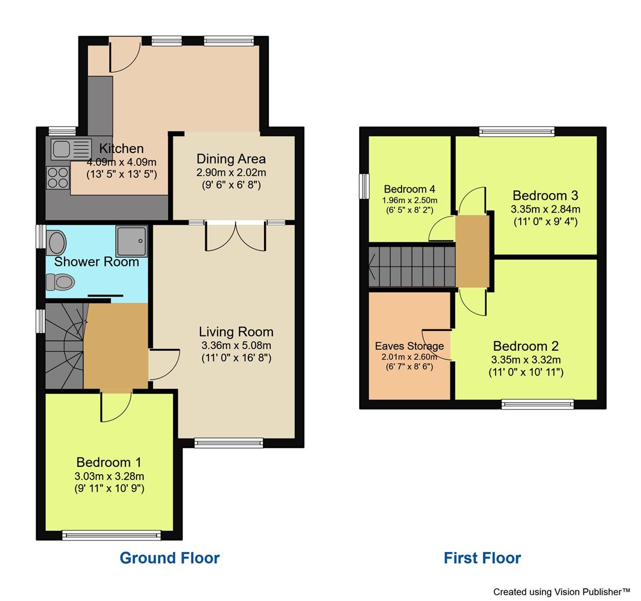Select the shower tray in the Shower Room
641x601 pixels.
click(x=132, y=241)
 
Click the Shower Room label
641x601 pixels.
click(x=96, y=262)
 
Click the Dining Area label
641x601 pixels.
click(x=231, y=159)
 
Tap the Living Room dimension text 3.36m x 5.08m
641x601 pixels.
click(x=236, y=345)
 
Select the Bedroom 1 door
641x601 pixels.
click(x=116, y=406)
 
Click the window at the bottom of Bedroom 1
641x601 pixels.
click(x=111, y=535)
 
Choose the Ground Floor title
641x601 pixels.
click(x=170, y=558)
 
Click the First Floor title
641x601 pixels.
click(x=482, y=558)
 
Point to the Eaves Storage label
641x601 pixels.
click(x=409, y=346)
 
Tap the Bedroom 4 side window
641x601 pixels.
click(x=364, y=186)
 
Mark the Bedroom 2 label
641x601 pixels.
click(x=526, y=346)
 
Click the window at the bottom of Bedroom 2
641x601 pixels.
click(x=537, y=404)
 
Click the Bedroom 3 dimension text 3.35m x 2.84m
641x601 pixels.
click(x=545, y=209)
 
